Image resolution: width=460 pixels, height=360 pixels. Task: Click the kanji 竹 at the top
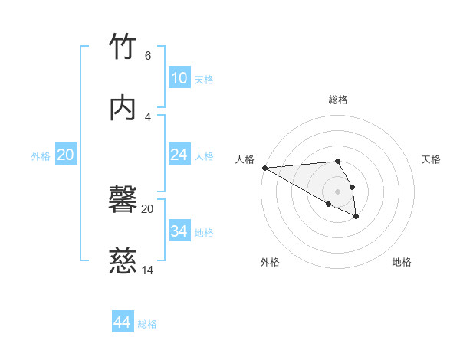[x=123, y=48]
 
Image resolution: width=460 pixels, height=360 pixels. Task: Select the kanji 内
[x=123, y=107]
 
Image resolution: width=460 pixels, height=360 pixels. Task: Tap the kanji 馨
[x=123, y=201]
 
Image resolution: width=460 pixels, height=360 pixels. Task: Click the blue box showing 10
[x=179, y=77]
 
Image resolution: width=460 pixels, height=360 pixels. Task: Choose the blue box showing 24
[x=179, y=155]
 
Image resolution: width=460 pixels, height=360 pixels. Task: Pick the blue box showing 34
[x=179, y=231]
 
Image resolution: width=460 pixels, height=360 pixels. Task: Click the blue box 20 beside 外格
[x=65, y=155]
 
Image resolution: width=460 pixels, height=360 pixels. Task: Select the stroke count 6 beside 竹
[x=148, y=56]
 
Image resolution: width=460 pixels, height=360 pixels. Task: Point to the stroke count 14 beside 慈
[x=148, y=270]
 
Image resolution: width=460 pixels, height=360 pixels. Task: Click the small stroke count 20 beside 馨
[x=148, y=208]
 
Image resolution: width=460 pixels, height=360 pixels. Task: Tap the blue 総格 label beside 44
[x=147, y=324]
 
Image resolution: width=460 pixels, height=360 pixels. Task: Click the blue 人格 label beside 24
[x=204, y=156]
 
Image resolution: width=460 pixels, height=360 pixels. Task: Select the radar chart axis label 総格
[x=338, y=100]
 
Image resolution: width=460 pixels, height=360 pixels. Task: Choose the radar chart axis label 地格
[x=402, y=262]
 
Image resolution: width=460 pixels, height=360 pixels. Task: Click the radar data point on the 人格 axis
[x=264, y=168]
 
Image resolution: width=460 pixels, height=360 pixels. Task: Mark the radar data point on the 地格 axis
[x=356, y=218]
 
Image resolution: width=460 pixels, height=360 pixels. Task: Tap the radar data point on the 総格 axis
[x=337, y=161]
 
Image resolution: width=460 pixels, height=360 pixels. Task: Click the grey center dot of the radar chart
[x=337, y=191]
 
